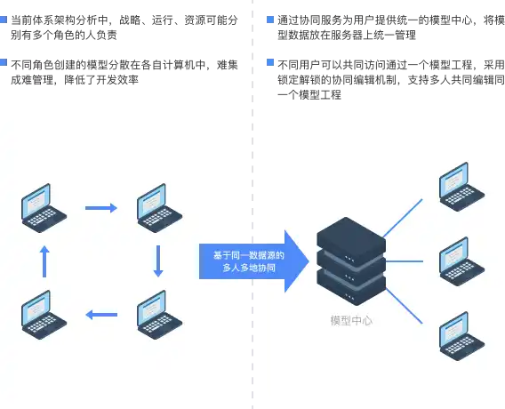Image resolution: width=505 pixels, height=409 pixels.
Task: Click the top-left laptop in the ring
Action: coord(44,208)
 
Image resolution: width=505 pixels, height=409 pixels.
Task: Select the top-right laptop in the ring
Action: coord(159,208)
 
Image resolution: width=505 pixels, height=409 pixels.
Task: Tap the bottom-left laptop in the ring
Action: coord(44,315)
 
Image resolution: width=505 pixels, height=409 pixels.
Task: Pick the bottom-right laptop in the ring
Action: coord(159,315)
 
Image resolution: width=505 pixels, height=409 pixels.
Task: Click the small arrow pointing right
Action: coord(101,208)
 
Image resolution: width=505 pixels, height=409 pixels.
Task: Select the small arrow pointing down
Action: coord(158,261)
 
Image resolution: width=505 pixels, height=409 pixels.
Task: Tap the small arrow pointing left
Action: coord(101,315)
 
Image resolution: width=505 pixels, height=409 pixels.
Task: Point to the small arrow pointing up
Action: coord(44,261)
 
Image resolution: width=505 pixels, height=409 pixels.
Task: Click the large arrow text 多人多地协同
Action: coord(249,268)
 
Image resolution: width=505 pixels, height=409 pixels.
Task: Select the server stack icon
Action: coord(351,261)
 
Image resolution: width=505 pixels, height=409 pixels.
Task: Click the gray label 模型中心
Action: coord(351,321)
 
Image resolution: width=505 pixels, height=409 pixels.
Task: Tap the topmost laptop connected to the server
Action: coord(461,187)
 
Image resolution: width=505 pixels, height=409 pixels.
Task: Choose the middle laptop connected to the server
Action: coord(461,261)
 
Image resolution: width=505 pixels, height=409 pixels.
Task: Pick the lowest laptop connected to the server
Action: coord(461,336)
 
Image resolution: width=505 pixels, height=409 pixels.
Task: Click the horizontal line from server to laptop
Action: coord(405,261)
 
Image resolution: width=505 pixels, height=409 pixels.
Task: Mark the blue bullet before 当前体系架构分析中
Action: coord(4,20)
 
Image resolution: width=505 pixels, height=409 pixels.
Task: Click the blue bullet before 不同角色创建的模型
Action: coord(4,62)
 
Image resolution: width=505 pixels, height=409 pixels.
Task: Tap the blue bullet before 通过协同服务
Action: coord(270,20)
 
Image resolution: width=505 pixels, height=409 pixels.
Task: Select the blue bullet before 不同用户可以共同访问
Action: coord(270,62)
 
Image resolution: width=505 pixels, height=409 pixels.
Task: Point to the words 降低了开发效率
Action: coord(101,79)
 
